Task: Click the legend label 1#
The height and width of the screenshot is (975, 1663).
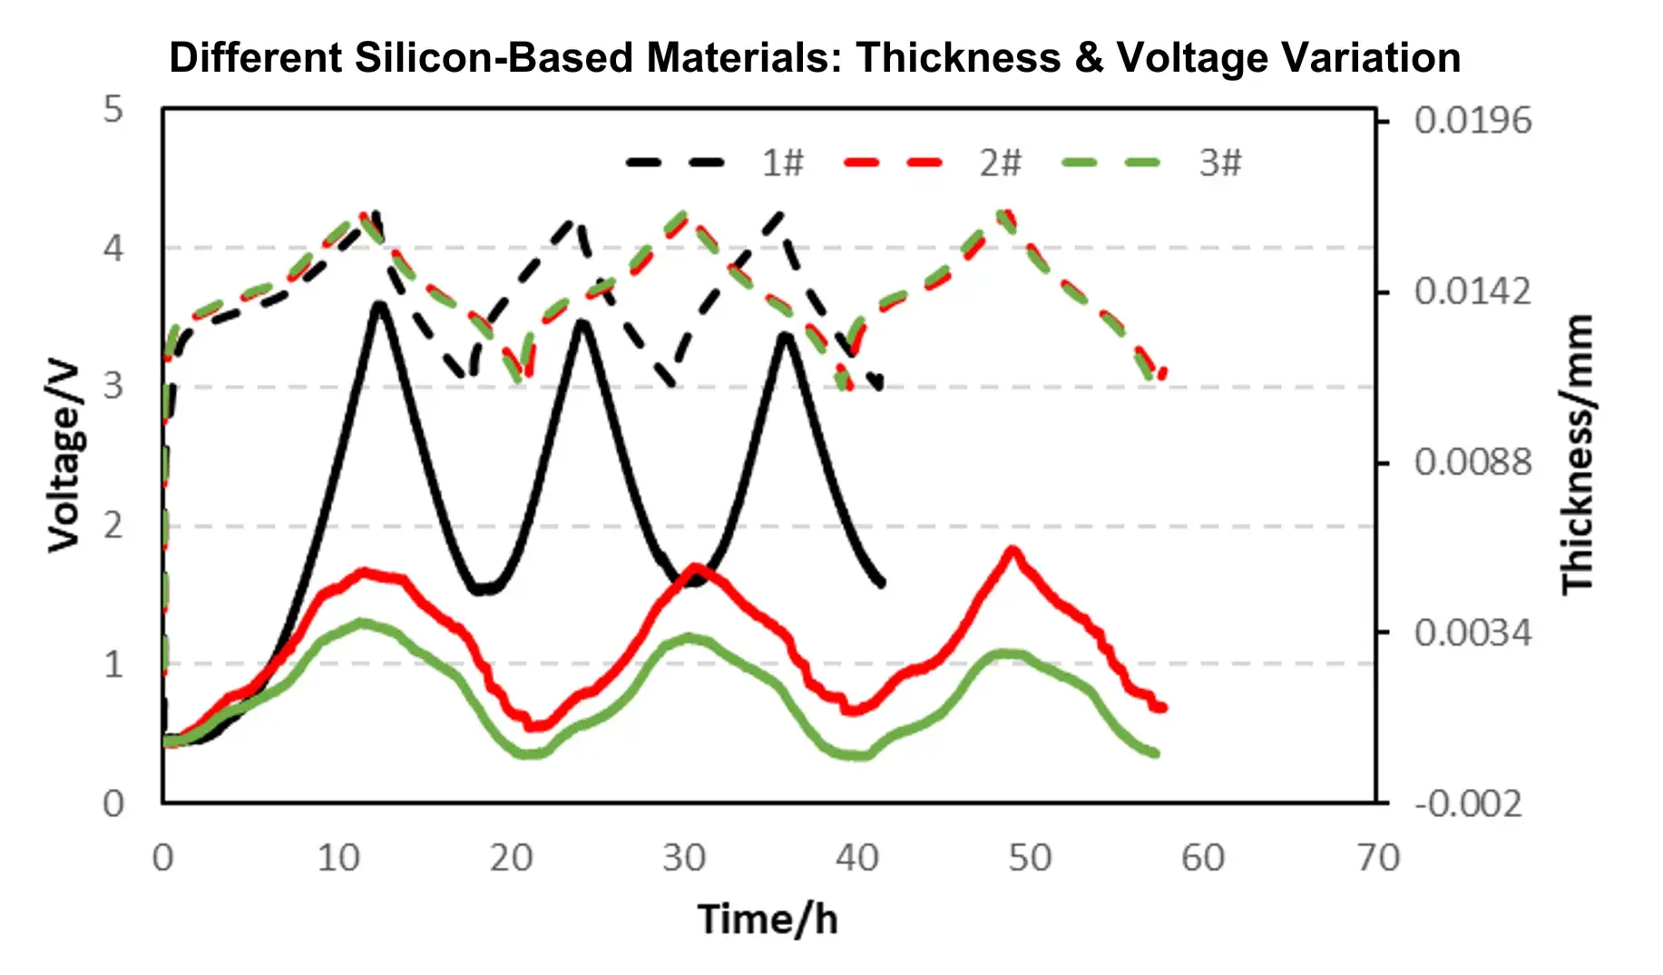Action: coord(782,163)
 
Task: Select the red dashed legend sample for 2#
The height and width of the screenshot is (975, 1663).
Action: coord(893,163)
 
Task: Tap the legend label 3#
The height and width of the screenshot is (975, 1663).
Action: coord(1219,163)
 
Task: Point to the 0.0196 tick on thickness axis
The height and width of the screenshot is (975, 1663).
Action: coord(1472,120)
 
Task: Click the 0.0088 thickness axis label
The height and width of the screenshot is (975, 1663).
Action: coord(1472,462)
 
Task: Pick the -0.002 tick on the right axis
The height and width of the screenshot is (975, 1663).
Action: coord(1468,803)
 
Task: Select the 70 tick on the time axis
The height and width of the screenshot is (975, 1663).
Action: coord(1377,858)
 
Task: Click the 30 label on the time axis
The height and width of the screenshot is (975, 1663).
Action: coord(683,858)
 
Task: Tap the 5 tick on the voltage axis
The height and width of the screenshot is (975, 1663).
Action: coord(112,110)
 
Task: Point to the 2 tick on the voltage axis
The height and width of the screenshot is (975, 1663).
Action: coord(112,526)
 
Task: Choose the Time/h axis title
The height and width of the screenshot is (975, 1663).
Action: coord(768,919)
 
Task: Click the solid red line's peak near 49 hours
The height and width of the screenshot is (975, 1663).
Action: coord(1012,550)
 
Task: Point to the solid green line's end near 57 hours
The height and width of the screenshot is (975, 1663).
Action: coord(1155,753)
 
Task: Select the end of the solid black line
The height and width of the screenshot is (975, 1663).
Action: coord(881,583)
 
